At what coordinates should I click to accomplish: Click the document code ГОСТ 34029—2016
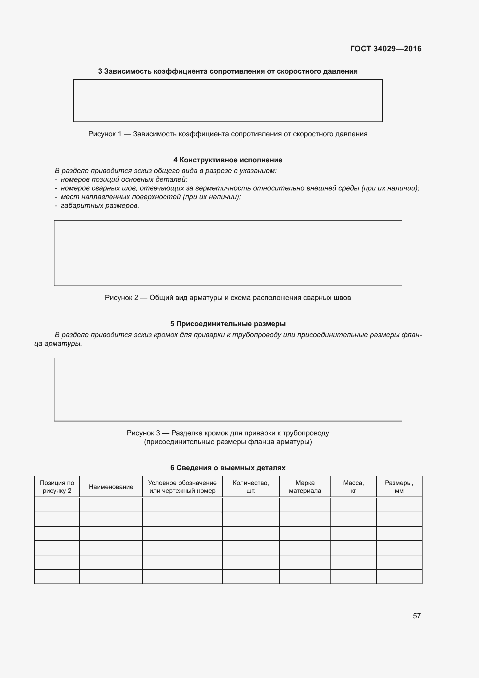pos(385,49)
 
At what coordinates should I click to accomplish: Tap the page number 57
pos(416,616)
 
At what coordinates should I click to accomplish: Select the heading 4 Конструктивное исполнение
pos(228,160)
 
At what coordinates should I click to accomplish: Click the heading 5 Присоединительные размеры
pos(228,324)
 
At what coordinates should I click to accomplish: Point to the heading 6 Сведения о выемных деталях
pos(228,468)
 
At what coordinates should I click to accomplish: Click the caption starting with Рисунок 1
pos(228,134)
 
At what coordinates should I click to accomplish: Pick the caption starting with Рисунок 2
pos(228,298)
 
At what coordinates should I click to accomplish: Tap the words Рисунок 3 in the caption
pos(143,433)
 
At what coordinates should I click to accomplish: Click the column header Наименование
pos(111,487)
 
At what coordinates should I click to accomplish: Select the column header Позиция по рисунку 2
pos(57,487)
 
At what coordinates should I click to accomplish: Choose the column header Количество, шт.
pos(251,487)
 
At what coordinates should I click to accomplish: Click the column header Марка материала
pos(305,487)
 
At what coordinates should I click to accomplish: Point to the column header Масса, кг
pos(353,487)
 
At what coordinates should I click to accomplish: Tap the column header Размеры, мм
pos(399,487)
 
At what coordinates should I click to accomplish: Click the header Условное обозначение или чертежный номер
pos(182,487)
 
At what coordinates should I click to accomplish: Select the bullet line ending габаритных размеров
pos(100,206)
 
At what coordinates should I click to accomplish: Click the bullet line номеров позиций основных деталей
pos(124,179)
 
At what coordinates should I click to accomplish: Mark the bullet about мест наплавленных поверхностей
pos(150,197)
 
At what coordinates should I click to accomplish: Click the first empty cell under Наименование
pos(111,505)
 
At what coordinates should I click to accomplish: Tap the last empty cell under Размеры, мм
pos(399,577)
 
